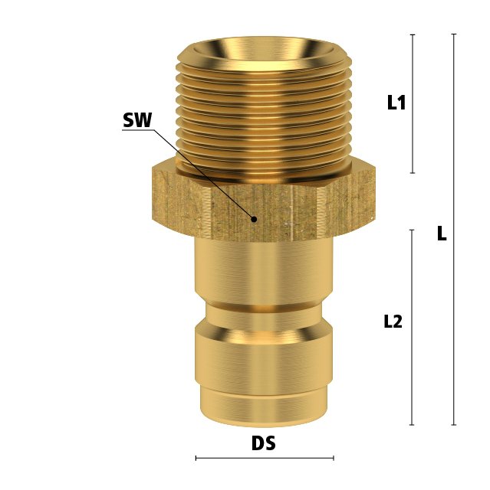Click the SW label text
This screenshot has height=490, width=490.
[x=137, y=120]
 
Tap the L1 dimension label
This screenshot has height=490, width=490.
[x=396, y=102]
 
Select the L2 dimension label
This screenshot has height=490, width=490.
[x=393, y=322]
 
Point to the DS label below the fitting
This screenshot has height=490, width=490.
[x=264, y=443]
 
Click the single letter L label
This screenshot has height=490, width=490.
[x=442, y=234]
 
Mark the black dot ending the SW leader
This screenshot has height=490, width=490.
[x=255, y=220]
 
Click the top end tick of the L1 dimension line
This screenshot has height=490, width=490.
[x=413, y=34]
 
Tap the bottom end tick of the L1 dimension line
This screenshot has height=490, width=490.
[x=413, y=173]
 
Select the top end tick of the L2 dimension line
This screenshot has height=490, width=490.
[x=412, y=230]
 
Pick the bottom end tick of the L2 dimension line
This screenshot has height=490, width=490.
[x=412, y=425]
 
